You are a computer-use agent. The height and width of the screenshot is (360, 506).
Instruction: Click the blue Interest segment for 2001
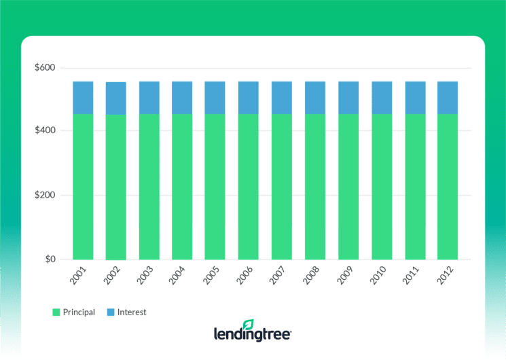pos(83,98)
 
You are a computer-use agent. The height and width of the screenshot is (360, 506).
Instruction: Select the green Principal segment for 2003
pos(149,187)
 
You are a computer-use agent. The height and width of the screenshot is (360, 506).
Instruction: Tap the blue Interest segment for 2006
pos(249,98)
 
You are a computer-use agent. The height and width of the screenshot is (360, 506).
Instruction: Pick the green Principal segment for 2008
pos(315,187)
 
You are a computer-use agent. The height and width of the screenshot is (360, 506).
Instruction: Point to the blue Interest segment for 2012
pos(448,98)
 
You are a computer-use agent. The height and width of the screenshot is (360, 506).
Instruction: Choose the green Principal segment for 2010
pos(382,187)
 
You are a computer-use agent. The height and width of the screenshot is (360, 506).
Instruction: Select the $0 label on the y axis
pos(50,259)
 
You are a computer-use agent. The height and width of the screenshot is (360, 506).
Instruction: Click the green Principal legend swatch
pos(56,312)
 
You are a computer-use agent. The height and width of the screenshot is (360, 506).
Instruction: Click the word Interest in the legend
pos(131,312)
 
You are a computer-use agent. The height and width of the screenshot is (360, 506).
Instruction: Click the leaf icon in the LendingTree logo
pos(249,325)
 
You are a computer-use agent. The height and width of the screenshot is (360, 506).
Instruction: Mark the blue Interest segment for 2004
pos(182,98)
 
